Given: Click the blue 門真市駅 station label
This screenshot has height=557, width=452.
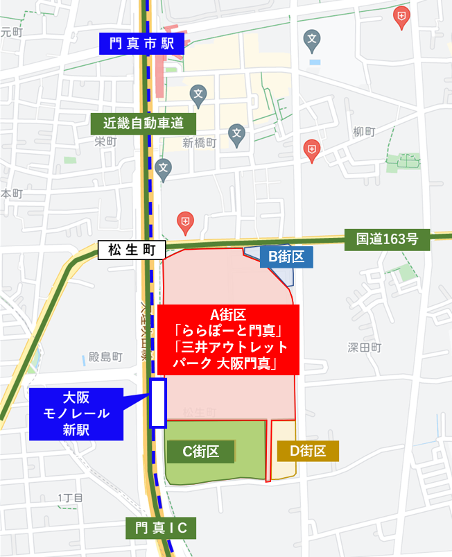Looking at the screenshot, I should point(144,44).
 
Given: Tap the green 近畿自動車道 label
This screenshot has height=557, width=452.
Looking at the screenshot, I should point(144,124).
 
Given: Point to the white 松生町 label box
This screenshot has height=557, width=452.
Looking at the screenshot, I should point(132,250).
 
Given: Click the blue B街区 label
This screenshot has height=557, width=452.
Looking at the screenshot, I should point(286,257).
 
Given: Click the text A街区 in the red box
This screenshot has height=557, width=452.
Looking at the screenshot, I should point(228,313).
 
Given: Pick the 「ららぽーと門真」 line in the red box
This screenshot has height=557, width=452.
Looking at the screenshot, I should point(228,329).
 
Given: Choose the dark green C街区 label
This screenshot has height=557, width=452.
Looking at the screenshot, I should point(200,452).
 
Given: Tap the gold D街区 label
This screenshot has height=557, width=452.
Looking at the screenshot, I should point(308,452).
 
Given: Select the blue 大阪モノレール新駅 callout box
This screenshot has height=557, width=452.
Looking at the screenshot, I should point(76,414).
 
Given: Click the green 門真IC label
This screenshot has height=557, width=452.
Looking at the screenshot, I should point(161,528).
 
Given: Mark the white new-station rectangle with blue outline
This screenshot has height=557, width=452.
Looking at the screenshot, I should point(159,402).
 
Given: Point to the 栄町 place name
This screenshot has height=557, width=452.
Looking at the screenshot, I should point(105,142).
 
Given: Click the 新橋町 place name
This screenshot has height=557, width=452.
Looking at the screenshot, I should point(200,143).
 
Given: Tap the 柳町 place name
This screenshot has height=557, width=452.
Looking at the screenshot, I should point(363,131).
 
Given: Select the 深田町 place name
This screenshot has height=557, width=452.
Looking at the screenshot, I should point(365,348).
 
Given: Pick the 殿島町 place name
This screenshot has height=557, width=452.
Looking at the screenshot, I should point(105,357).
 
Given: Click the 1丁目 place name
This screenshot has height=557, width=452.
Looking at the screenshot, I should point(70,498).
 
